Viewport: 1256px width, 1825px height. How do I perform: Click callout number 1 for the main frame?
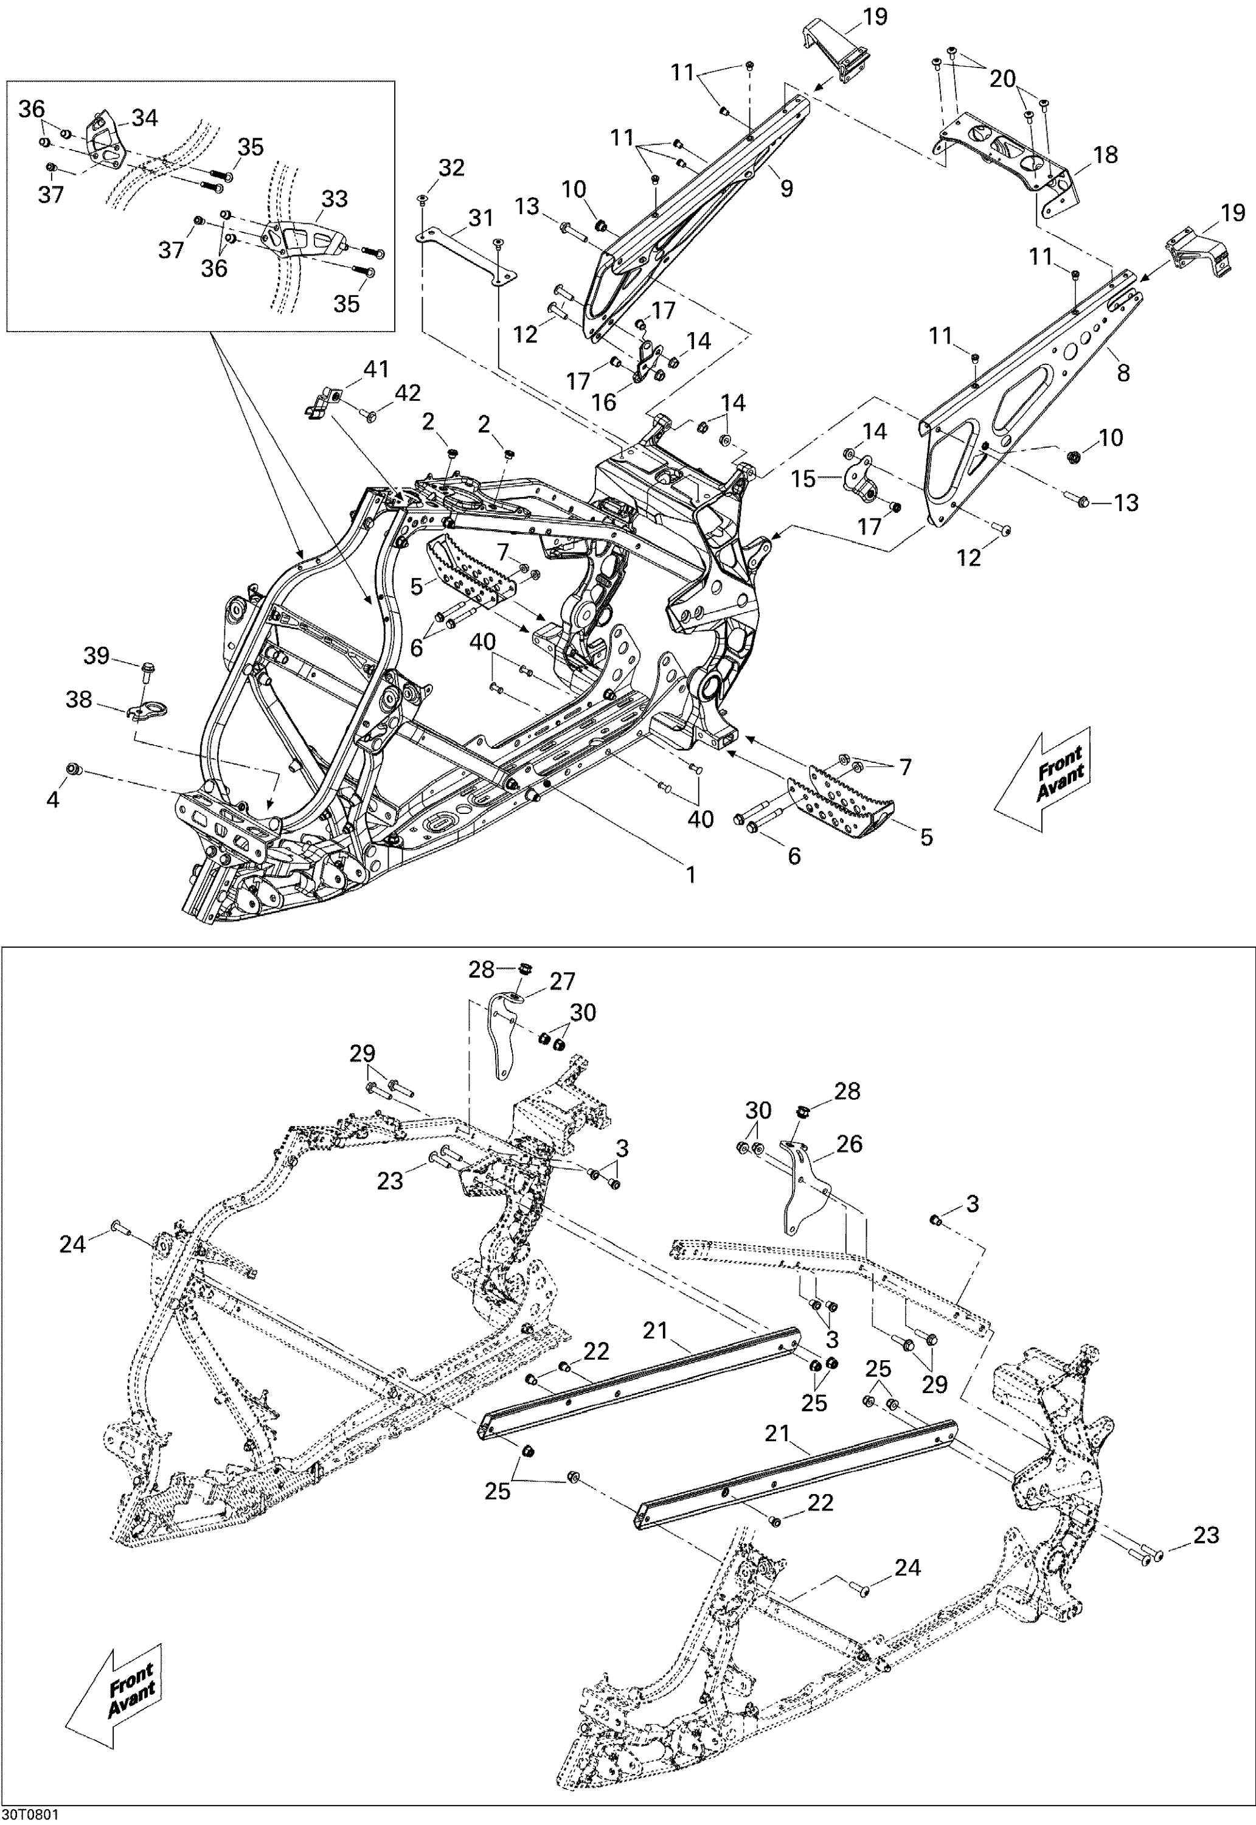click(x=691, y=874)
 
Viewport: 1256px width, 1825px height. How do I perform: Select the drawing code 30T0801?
click(x=29, y=1815)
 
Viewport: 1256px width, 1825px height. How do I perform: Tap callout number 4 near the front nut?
click(x=53, y=799)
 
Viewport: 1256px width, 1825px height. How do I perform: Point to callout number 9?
click(x=786, y=188)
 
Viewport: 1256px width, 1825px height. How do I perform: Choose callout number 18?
click(x=1106, y=155)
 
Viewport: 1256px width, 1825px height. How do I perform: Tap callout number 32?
click(x=452, y=168)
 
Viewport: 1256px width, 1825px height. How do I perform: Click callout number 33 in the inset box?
click(x=335, y=198)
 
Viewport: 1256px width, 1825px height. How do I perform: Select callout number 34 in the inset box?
click(x=145, y=118)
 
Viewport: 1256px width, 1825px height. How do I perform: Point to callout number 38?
click(x=78, y=699)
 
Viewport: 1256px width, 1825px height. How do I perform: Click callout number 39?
click(x=96, y=656)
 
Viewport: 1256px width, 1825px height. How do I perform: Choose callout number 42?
click(x=408, y=393)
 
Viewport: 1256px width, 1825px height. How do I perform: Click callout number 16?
click(x=603, y=402)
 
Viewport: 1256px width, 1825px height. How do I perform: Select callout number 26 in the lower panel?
click(x=850, y=1144)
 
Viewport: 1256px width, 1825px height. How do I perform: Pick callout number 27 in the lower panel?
click(x=563, y=981)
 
